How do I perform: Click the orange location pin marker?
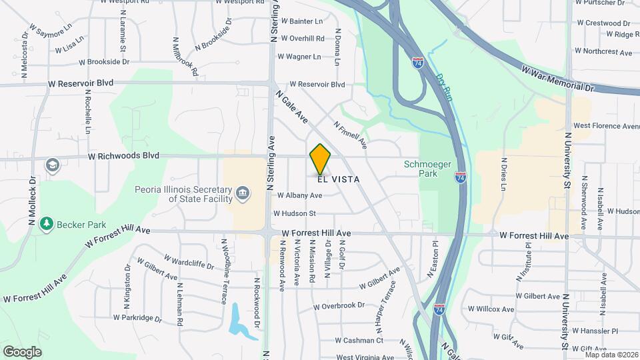coord(321,159)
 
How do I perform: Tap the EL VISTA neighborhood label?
coord(339,179)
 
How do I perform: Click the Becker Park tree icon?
coord(46,222)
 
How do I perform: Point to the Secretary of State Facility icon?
coord(243,193)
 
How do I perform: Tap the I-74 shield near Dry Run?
coord(418,63)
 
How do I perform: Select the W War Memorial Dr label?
coord(557,79)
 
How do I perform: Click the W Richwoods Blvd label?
coord(123,156)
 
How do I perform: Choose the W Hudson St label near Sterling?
coord(294,213)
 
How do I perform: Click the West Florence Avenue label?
coord(606,125)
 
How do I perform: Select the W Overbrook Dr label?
coord(340,307)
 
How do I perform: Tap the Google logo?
coord(22,351)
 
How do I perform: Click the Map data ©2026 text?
coord(611,354)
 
